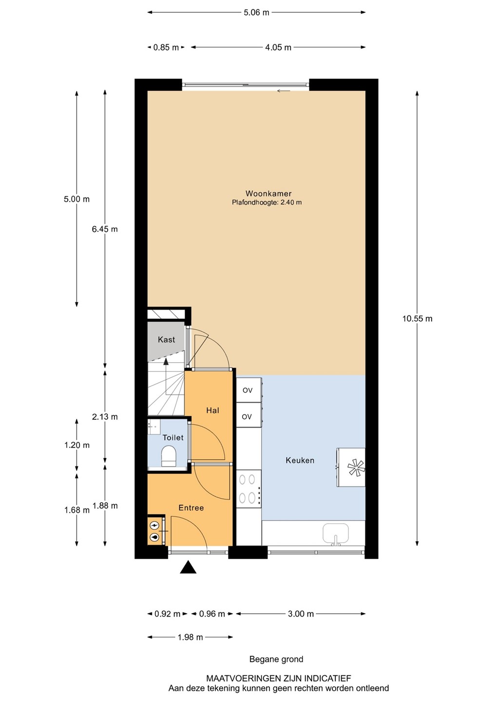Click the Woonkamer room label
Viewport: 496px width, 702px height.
[x=268, y=194]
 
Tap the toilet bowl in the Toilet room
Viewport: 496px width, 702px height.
[x=169, y=456]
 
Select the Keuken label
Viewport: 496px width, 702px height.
[x=300, y=460]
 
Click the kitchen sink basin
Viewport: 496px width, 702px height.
[x=336, y=533]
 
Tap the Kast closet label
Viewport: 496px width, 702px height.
[x=166, y=339]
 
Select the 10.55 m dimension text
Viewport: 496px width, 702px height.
[x=417, y=319]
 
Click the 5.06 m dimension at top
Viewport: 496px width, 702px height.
[x=256, y=13]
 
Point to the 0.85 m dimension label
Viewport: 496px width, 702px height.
[x=166, y=47]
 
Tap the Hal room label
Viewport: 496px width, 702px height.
[x=212, y=410]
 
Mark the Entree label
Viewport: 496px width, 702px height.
[x=191, y=507]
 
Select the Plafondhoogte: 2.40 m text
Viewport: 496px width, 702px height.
[x=267, y=202]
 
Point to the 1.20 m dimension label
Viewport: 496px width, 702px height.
[x=77, y=445]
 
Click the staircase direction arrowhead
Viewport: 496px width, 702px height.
[x=166, y=362]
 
